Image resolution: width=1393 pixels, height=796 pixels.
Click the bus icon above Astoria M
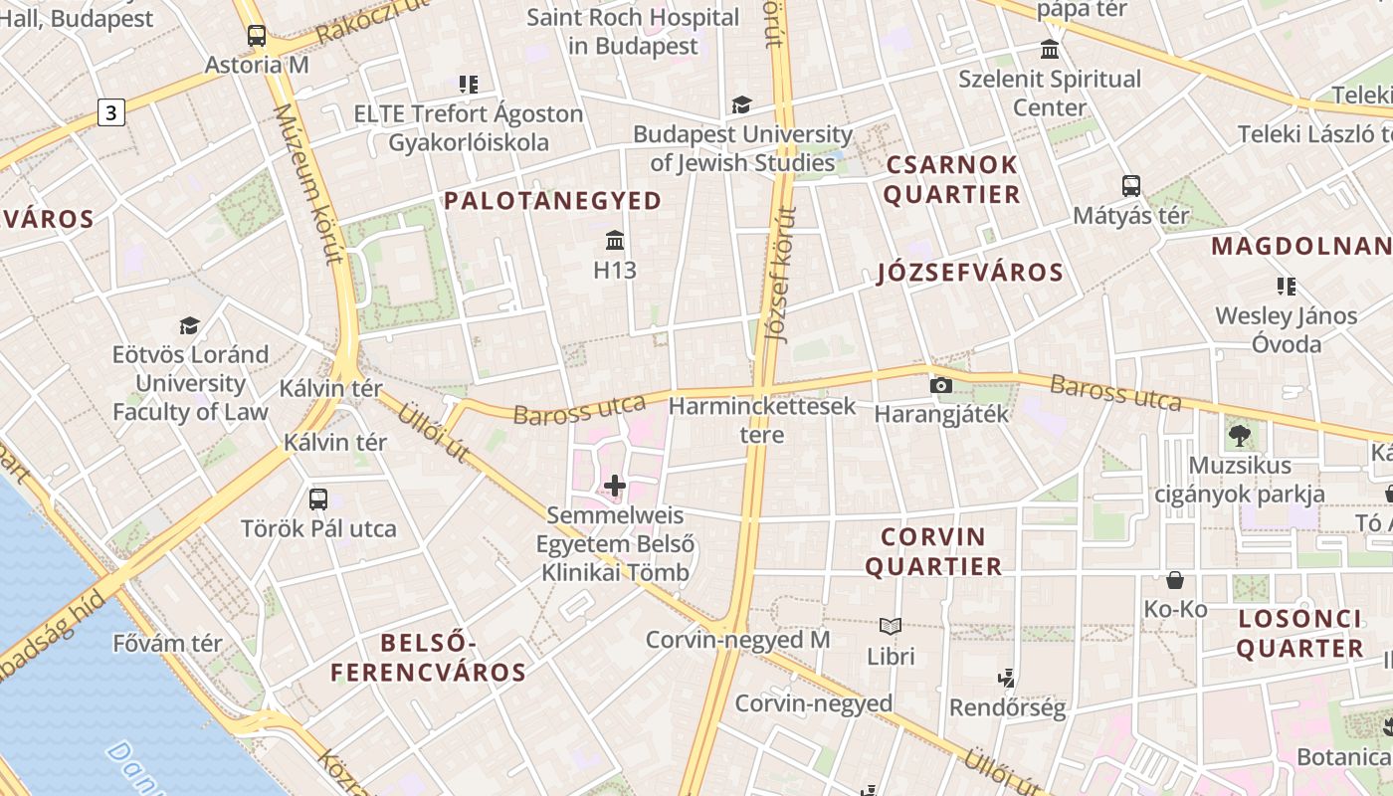point(257,37)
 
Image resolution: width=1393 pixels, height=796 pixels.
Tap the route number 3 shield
point(111,112)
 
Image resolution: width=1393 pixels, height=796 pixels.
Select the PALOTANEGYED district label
point(552,201)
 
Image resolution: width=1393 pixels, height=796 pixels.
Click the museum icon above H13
point(615,241)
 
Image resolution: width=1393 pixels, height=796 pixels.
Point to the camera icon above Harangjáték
point(940,385)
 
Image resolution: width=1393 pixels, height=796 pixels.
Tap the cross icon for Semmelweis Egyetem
point(615,486)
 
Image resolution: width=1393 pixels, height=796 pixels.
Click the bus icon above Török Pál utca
point(318,499)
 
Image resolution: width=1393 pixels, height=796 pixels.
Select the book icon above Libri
point(891,627)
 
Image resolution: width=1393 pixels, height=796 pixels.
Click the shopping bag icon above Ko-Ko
point(1175,580)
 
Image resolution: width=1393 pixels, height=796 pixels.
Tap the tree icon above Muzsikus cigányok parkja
point(1240,435)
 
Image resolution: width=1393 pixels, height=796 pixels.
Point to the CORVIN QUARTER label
point(933,552)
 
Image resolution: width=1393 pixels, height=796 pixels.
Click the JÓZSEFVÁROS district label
point(970,273)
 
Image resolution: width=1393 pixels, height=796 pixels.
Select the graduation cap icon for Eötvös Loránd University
point(189,325)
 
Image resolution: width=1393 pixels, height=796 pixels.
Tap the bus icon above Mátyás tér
point(1131,186)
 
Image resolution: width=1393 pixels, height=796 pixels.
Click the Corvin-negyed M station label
point(737,640)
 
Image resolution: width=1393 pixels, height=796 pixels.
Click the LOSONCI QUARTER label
point(1300,634)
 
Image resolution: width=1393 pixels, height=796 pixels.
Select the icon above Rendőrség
point(1007,679)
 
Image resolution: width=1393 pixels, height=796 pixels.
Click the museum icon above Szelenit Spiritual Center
point(1050,50)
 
